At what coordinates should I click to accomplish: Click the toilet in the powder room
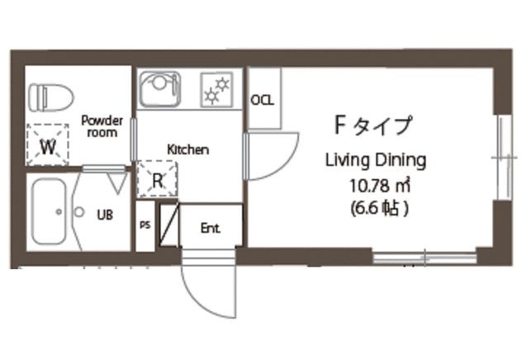coord(50,97)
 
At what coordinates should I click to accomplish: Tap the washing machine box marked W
coord(48,145)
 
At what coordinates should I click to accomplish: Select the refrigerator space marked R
coord(157,179)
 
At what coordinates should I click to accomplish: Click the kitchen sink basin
coord(160,88)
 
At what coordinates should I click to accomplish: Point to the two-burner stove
coord(216,90)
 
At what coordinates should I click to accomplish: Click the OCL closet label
coord(263,100)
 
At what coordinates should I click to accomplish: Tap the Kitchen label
coord(188,149)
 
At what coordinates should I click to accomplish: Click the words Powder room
coord(102,126)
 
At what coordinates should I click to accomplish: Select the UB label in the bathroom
coord(105,215)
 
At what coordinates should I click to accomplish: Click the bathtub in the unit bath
coord(50,211)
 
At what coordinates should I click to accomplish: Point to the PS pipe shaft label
coord(145,225)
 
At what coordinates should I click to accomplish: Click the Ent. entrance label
coord(211,228)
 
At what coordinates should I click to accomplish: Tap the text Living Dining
coord(376,161)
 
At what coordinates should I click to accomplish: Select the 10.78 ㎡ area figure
coord(379,186)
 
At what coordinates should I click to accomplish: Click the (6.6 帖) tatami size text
coord(379,209)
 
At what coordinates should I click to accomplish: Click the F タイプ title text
coord(373,126)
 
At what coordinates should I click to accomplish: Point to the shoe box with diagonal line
coord(169,225)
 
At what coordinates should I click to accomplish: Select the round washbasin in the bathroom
coord(79,212)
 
